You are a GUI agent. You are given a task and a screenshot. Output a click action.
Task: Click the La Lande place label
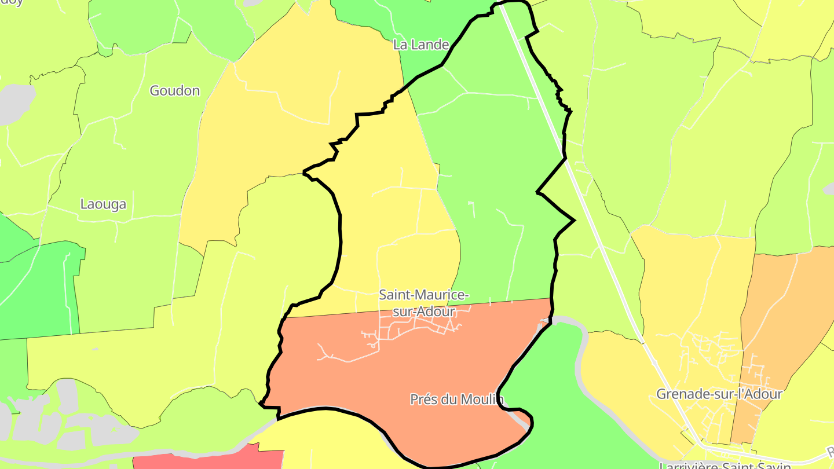[421, 45]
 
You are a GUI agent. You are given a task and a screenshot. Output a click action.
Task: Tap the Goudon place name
[174, 90]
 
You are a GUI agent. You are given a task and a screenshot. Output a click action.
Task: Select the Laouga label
[103, 204]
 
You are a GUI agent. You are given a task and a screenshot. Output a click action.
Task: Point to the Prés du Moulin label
[456, 399]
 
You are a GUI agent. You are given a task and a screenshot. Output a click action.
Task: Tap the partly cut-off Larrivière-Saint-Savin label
[725, 465]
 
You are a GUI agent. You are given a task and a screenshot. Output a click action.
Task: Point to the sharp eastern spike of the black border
[573, 220]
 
